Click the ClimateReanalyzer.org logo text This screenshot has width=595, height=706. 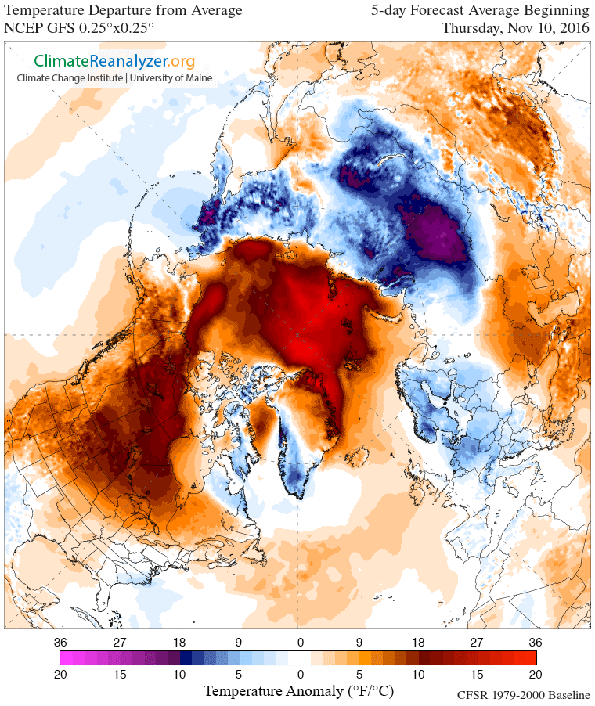click(114, 60)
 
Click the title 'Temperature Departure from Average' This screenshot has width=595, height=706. click(124, 11)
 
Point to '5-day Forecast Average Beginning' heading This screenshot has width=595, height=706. click(480, 11)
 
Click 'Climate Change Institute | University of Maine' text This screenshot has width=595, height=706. click(114, 77)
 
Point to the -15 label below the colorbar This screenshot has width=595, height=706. click(118, 674)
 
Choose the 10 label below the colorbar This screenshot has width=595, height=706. click(417, 674)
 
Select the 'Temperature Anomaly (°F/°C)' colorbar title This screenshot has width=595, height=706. click(297, 691)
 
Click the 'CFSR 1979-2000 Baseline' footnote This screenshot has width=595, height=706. click(523, 695)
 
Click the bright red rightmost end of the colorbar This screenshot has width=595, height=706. click(532, 657)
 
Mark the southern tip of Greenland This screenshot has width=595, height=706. click(298, 495)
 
